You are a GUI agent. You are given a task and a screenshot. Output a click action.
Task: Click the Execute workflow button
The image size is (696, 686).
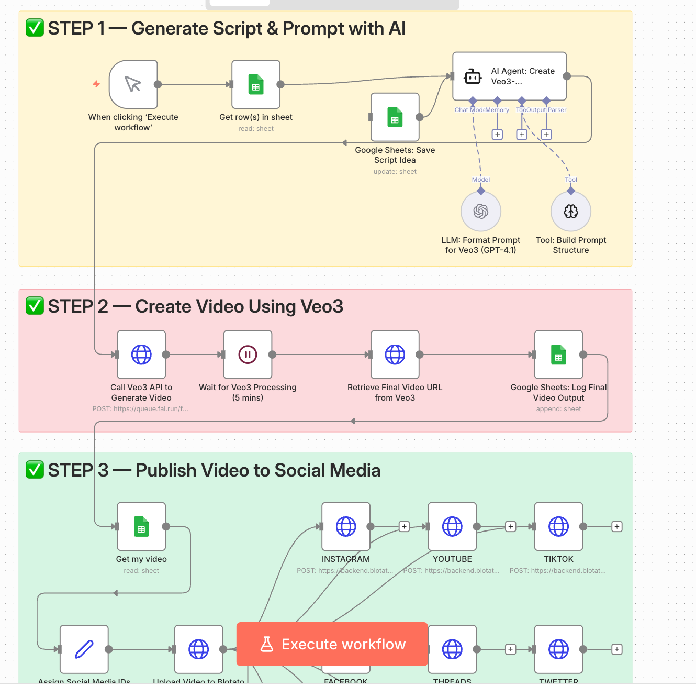(332, 644)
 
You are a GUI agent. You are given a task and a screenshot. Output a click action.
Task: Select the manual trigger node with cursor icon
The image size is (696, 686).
(133, 84)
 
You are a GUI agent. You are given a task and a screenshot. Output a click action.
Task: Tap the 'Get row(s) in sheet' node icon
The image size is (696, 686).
(256, 84)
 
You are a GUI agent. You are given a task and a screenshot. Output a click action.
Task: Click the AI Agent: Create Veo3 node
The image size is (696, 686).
(509, 76)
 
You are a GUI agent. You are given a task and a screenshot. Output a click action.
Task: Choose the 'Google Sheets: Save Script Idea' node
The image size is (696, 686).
(395, 117)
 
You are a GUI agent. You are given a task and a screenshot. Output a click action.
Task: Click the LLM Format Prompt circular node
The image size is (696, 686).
(481, 212)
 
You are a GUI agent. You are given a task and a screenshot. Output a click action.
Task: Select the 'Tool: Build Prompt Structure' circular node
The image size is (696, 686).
(571, 212)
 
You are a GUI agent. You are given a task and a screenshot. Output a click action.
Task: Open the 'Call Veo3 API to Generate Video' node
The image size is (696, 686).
(141, 355)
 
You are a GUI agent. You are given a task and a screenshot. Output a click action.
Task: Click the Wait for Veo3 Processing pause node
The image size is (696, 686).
(248, 355)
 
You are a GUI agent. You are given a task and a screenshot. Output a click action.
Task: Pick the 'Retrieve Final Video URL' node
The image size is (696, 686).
(395, 355)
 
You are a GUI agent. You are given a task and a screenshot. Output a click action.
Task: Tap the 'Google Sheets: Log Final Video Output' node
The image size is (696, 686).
(558, 355)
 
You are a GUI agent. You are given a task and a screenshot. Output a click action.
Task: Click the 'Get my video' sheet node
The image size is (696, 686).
(141, 527)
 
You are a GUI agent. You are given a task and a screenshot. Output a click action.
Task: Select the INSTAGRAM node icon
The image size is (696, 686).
(346, 527)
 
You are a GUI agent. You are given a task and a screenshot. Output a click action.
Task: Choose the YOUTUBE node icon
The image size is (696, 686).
(452, 527)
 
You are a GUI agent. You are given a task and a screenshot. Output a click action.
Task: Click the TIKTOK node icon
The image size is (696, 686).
(558, 527)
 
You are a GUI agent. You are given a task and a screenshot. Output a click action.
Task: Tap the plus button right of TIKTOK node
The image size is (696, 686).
(617, 527)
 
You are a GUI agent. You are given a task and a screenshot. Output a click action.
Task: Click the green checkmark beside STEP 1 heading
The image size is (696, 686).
(35, 28)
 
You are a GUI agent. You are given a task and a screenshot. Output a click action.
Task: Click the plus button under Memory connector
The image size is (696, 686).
(497, 135)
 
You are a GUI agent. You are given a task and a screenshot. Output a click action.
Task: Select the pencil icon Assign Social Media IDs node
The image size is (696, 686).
(84, 649)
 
